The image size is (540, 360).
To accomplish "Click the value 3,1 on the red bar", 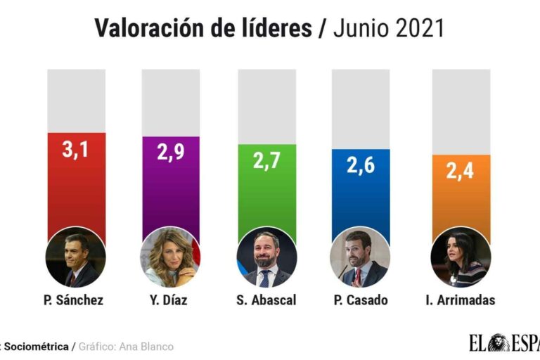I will click(x=76, y=150).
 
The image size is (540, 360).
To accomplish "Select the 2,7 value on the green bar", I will click(x=266, y=161).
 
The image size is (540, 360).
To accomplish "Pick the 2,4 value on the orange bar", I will click(x=461, y=172).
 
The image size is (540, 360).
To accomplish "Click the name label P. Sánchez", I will click(x=74, y=300).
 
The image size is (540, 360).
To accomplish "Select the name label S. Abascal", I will click(x=266, y=300).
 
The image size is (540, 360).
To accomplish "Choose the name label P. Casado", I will click(x=361, y=300).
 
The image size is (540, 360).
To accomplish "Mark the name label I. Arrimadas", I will click(x=460, y=300).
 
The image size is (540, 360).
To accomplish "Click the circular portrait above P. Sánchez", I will click(x=76, y=257).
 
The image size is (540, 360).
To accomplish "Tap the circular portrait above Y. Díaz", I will click(x=171, y=257).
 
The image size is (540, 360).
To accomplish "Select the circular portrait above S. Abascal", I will click(x=266, y=257).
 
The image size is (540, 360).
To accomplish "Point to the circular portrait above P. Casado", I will click(x=361, y=257).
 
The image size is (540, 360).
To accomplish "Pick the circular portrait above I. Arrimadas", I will click(x=460, y=257).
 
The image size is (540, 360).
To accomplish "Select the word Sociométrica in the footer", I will click(x=37, y=347).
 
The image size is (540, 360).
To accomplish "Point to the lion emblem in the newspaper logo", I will click(x=501, y=343).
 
